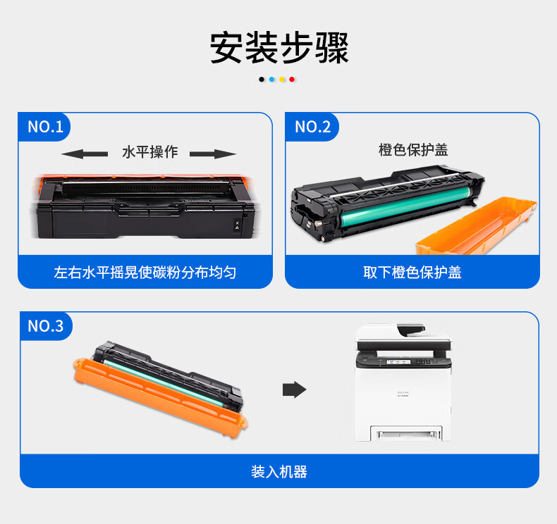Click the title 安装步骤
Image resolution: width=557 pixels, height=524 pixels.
coord(279,48)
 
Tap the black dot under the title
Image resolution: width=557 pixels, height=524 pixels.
coord(262,80)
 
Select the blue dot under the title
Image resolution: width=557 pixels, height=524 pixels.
coord(271,80)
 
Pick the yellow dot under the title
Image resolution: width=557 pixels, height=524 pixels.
coord(282,80)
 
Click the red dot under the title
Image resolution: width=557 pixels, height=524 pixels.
coord(292,80)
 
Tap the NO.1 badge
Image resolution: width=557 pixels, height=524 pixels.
coord(44,127)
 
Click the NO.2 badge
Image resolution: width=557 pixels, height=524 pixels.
coord(312,127)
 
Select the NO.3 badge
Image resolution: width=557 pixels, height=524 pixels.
coord(45,325)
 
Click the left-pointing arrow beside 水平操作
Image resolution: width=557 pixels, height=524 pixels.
coord(85,154)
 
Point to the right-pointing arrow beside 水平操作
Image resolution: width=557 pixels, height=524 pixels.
coord(213,154)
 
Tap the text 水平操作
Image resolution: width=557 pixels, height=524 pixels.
coord(150,152)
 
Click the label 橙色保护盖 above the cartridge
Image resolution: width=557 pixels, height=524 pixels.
coord(413,150)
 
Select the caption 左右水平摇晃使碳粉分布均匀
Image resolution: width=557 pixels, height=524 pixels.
coord(145,273)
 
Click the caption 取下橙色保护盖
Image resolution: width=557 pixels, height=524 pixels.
coord(412,273)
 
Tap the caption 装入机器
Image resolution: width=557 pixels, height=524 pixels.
coord(279,472)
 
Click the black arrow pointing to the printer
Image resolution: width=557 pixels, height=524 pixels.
coord(295,390)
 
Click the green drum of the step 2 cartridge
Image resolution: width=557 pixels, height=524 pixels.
coord(405,208)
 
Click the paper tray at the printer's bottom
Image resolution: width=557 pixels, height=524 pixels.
coord(406,433)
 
